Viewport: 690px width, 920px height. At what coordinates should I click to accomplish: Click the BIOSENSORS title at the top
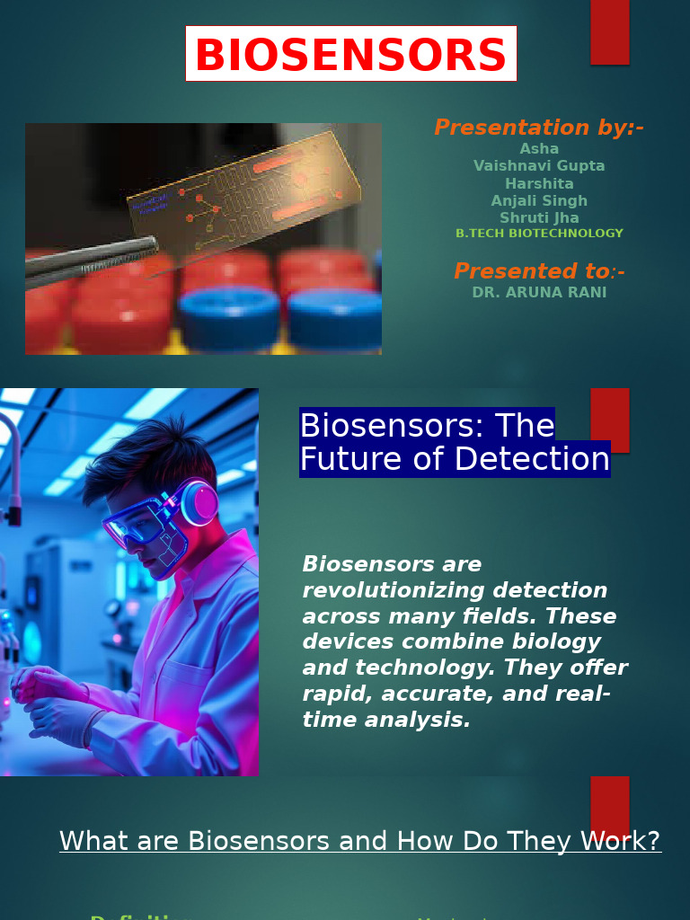pos(350,55)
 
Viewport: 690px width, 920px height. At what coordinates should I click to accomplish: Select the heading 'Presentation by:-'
pos(538,128)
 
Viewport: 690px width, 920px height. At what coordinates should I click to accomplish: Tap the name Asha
pos(539,149)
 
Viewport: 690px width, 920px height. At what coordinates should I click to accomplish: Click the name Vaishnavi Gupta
pos(539,166)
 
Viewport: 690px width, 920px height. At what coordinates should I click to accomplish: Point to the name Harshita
pos(539,183)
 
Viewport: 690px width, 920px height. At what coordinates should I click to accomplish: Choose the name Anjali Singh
pos(539,200)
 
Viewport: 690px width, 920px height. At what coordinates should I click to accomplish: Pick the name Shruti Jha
pos(539,217)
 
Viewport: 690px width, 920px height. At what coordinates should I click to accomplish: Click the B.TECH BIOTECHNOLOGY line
pos(539,234)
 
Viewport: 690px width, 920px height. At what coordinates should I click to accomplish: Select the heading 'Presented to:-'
pos(539,271)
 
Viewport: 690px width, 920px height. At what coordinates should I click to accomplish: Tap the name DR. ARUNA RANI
pos(539,293)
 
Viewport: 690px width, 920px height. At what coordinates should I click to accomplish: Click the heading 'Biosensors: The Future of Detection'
pos(454,442)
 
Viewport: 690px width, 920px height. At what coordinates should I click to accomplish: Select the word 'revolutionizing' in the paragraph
pos(376,590)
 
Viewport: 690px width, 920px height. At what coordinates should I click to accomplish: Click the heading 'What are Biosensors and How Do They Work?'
pos(360,841)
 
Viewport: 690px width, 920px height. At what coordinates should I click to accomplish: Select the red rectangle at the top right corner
pos(610,32)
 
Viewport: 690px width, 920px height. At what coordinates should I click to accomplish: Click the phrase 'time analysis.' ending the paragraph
pos(386,720)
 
